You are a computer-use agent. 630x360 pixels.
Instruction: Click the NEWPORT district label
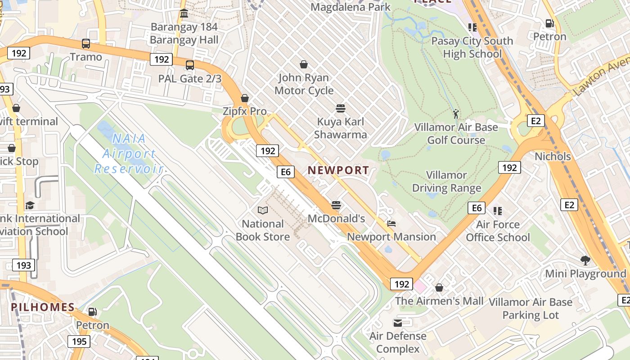pos(338,170)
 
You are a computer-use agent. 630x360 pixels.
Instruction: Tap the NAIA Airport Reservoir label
pos(128,153)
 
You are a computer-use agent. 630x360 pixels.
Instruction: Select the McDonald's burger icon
pos(336,205)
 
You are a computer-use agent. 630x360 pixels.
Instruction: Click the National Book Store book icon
pos(263,210)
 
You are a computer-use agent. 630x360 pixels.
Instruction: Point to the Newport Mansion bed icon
pos(391,224)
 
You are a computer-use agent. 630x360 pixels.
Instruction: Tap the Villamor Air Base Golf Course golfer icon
pos(456,113)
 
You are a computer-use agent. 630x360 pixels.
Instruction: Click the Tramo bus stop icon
pos(86,44)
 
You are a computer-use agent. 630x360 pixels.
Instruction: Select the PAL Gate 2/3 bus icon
pos(190,65)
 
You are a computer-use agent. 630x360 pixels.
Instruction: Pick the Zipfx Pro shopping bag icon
pos(245,98)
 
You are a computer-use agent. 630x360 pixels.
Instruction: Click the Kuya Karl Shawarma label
pos(340,128)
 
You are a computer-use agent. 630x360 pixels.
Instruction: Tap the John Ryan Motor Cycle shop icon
pos(304,64)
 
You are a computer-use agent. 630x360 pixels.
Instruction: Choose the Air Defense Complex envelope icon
pos(398,323)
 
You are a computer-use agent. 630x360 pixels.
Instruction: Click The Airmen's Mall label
pos(439,301)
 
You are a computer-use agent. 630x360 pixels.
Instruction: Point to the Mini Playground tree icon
pos(585,260)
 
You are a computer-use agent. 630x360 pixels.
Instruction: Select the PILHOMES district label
pos(43,307)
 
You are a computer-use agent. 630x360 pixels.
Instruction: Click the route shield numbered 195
pos(79,342)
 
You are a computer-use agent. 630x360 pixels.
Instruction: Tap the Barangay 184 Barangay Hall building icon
pos(184,13)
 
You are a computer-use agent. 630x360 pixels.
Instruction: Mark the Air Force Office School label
pos(498,231)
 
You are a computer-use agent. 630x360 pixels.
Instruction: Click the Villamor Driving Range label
pos(446,181)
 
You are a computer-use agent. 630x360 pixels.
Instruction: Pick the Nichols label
pos(553,157)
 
